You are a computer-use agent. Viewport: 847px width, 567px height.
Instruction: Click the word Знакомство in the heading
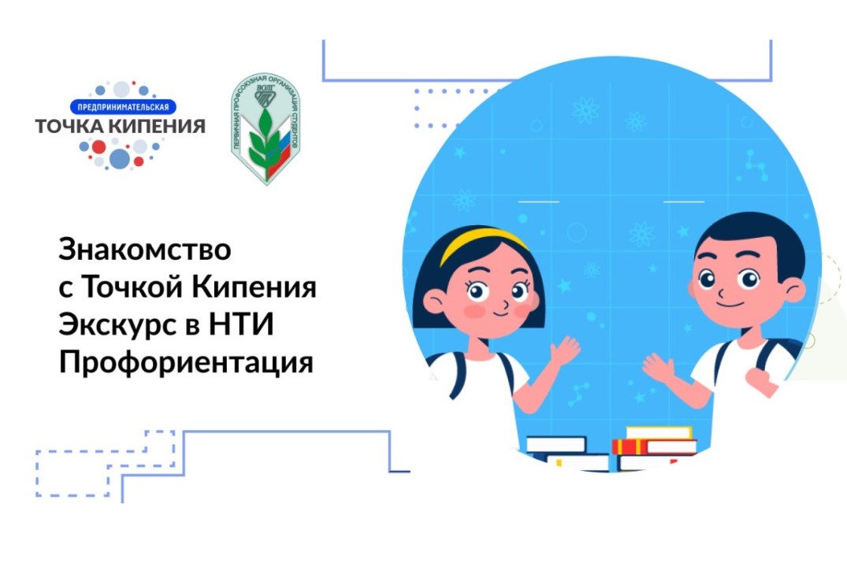point(146,250)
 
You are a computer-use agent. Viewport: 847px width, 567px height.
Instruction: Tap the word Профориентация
point(187,363)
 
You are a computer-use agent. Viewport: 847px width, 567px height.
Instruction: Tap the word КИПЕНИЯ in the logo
point(161,125)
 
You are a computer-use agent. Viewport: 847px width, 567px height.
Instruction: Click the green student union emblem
point(265,130)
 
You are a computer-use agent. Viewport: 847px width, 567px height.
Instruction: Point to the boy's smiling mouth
point(730,305)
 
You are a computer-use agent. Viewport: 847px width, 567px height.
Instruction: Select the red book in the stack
point(653,447)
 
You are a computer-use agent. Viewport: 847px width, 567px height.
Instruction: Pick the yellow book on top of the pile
point(658,432)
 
